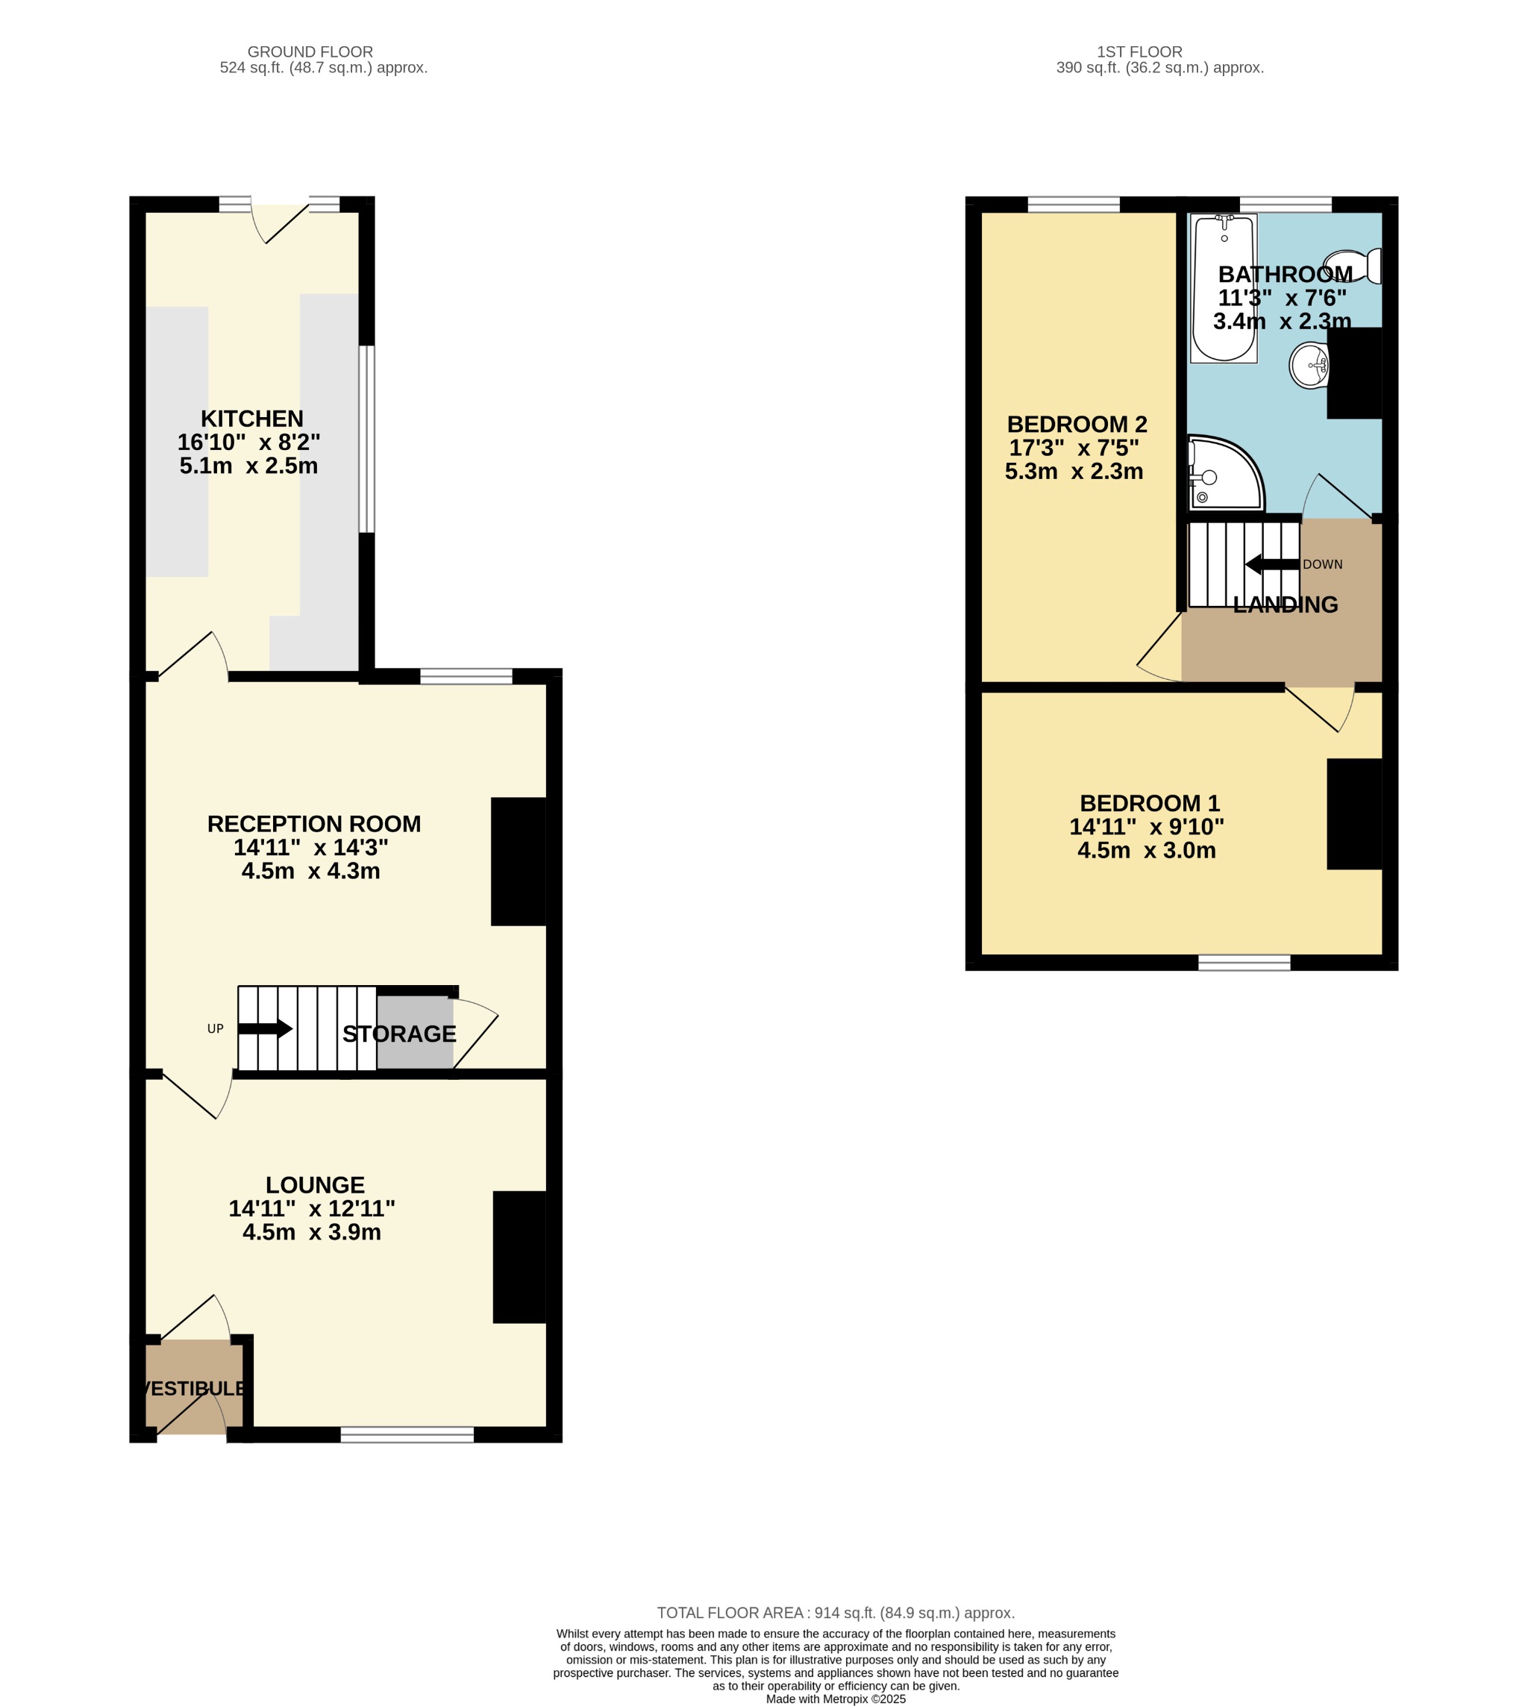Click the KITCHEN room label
(252, 418)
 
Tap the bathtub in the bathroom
(1224, 287)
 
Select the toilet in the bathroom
(1353, 266)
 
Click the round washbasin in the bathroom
(1309, 365)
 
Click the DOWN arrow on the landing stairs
(1272, 564)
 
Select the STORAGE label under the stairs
(400, 1034)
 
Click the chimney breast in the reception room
(519, 861)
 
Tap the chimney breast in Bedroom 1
(1354, 813)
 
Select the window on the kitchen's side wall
(367, 439)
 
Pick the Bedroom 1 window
(1244, 962)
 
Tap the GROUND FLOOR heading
(310, 52)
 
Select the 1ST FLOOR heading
(1139, 52)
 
